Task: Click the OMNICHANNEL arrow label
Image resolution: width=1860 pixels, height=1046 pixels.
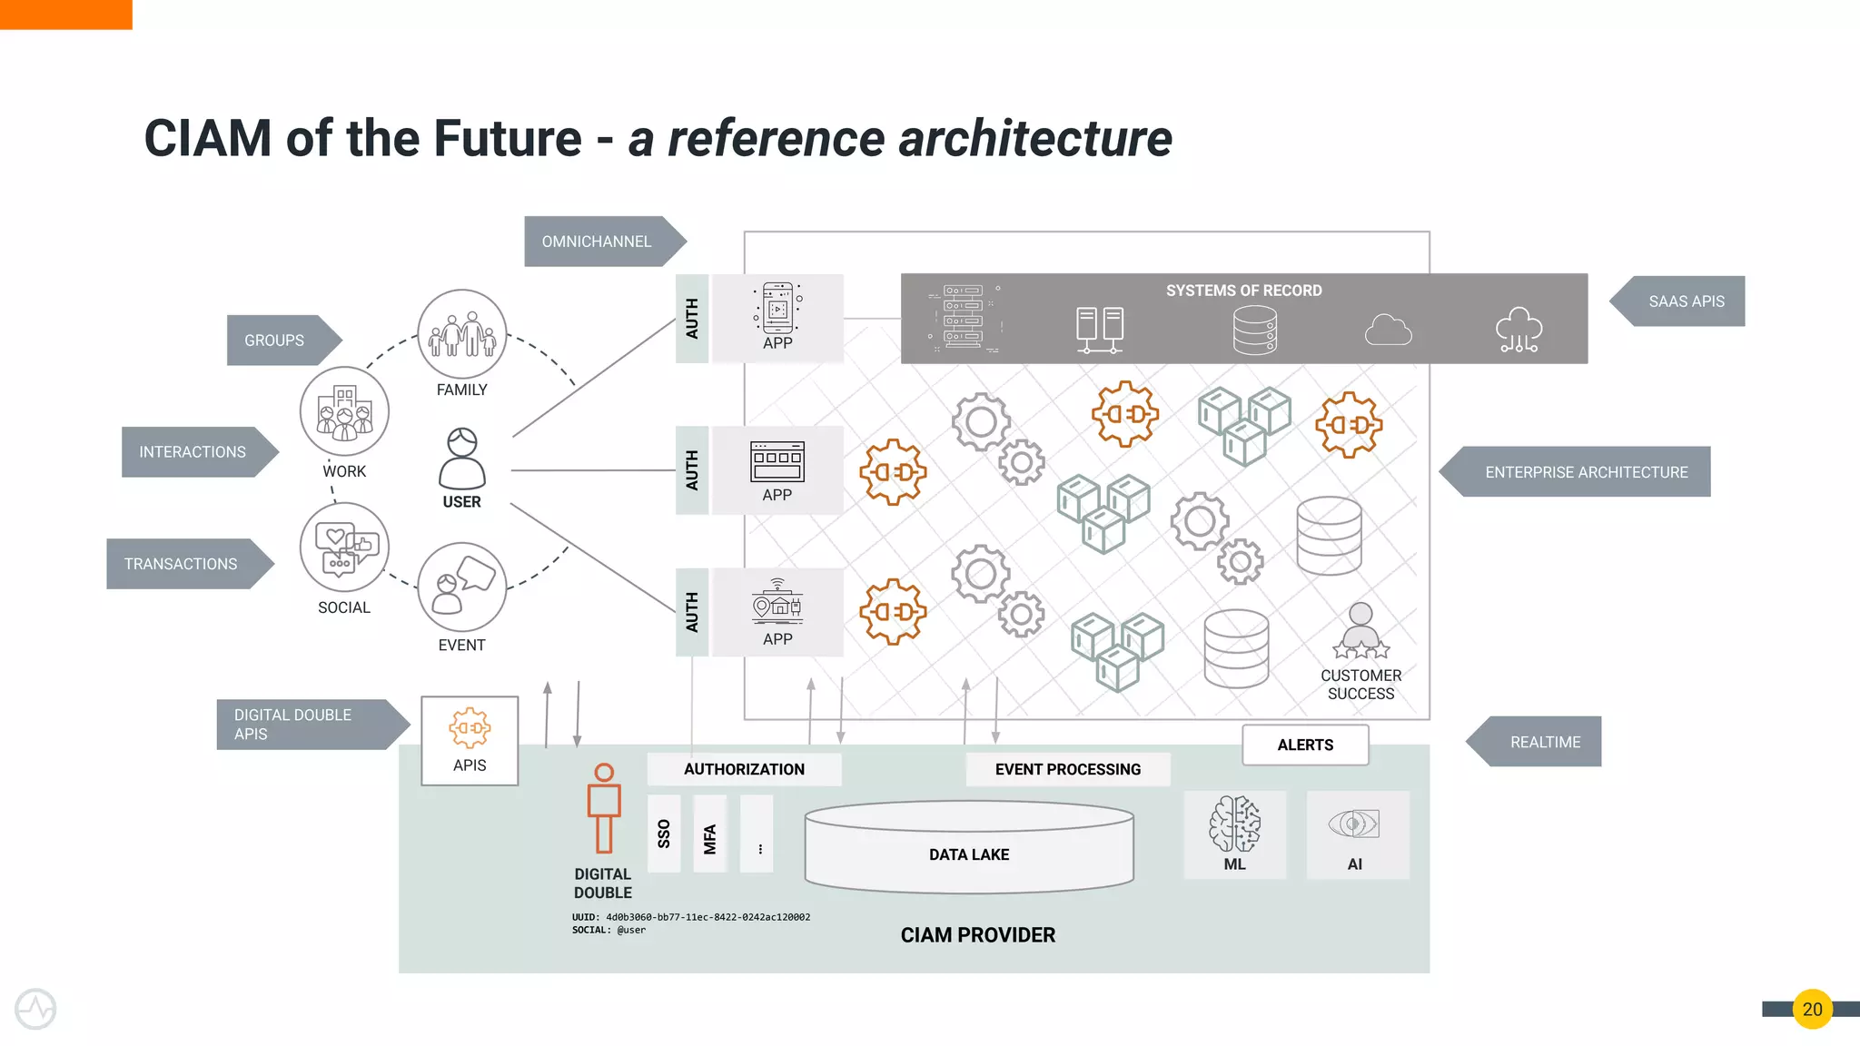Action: coord(598,242)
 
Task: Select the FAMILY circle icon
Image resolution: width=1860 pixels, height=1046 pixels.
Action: coord(461,334)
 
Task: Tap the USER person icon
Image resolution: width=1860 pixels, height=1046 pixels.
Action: coord(461,459)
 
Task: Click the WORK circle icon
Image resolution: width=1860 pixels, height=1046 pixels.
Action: coord(344,411)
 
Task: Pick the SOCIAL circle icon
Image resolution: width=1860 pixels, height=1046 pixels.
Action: coord(344,548)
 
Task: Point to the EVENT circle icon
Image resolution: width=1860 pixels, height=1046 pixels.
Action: coord(461,587)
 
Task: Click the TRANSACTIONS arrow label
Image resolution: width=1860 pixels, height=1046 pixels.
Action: coord(182,564)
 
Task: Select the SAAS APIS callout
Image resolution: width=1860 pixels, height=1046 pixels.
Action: coord(1685,301)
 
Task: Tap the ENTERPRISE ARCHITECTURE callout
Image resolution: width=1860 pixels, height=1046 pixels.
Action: coord(1585,472)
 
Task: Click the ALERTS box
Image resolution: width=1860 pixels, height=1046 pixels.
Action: coord(1305,745)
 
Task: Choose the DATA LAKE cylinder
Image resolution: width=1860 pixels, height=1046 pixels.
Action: coord(969,848)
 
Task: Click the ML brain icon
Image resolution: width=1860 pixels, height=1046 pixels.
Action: coord(1234,824)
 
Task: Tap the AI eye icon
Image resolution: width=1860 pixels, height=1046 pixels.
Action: coord(1353,824)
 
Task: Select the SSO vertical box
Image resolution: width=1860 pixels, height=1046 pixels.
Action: coord(664,834)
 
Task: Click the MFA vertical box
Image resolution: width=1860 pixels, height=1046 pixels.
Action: coord(710,834)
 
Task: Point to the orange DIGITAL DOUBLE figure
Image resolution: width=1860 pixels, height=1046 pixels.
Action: coord(604,808)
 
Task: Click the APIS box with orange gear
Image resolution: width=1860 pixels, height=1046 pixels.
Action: coord(470,740)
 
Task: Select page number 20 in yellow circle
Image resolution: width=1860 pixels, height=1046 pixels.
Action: coord(1812,1009)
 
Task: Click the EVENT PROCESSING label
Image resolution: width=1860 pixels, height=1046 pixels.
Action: coord(1068,769)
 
